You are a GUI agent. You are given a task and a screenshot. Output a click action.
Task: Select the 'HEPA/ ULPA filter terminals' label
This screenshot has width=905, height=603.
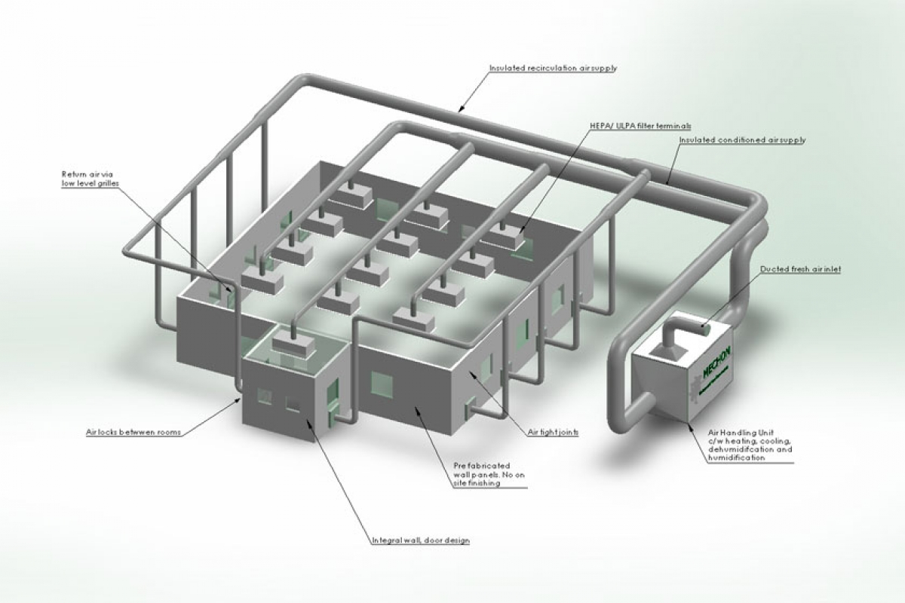(642, 125)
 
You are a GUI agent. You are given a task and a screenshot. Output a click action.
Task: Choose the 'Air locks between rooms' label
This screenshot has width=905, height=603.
(133, 433)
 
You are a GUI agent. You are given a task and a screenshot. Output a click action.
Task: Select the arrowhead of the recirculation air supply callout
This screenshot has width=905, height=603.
(459, 111)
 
